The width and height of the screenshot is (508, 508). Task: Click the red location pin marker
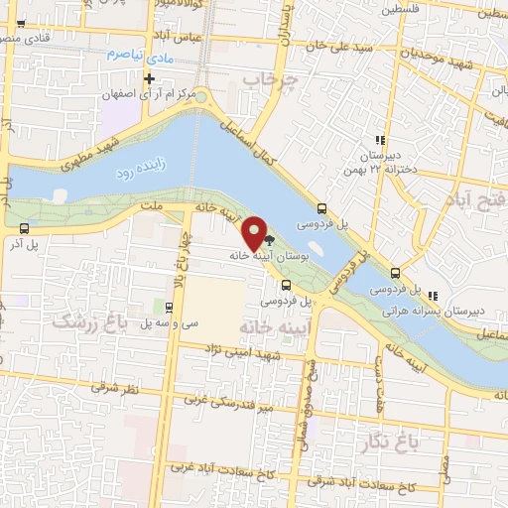[256, 233]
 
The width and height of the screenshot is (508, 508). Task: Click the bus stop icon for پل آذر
[22, 227]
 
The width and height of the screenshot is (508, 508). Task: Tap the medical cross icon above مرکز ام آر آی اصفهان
[149, 78]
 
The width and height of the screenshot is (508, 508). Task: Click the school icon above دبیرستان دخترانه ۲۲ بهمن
[378, 141]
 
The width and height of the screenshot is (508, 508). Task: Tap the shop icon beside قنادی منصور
[20, 23]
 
